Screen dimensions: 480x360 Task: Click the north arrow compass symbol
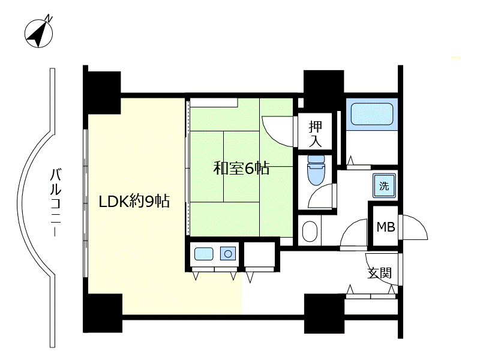38,34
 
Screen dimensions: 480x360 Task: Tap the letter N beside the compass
49,19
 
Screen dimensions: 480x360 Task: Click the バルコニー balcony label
55,202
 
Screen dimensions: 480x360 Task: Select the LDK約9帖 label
134,202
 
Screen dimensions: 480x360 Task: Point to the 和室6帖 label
241,168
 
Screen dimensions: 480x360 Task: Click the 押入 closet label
316,134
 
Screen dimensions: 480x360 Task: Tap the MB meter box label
386,227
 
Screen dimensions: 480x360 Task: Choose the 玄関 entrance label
380,273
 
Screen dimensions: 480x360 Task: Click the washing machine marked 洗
384,185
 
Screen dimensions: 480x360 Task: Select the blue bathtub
372,114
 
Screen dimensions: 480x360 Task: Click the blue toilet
316,170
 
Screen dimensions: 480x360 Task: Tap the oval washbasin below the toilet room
310,232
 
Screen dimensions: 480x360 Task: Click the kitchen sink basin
203,254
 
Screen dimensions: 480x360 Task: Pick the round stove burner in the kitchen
228,254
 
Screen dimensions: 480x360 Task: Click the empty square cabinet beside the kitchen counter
260,254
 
